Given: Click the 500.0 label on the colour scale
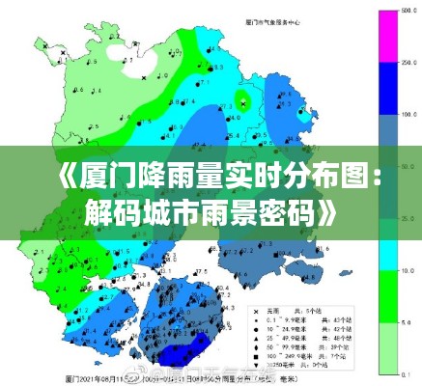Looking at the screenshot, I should (x=409, y=10).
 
